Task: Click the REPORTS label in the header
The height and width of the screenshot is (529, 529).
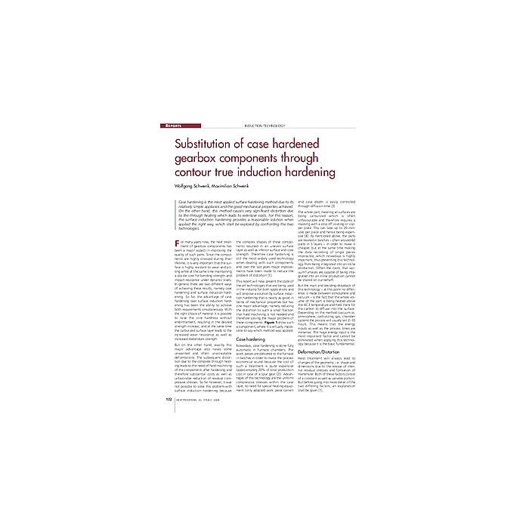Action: click(175, 125)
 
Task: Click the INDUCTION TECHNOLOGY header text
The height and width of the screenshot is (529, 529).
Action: click(264, 125)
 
